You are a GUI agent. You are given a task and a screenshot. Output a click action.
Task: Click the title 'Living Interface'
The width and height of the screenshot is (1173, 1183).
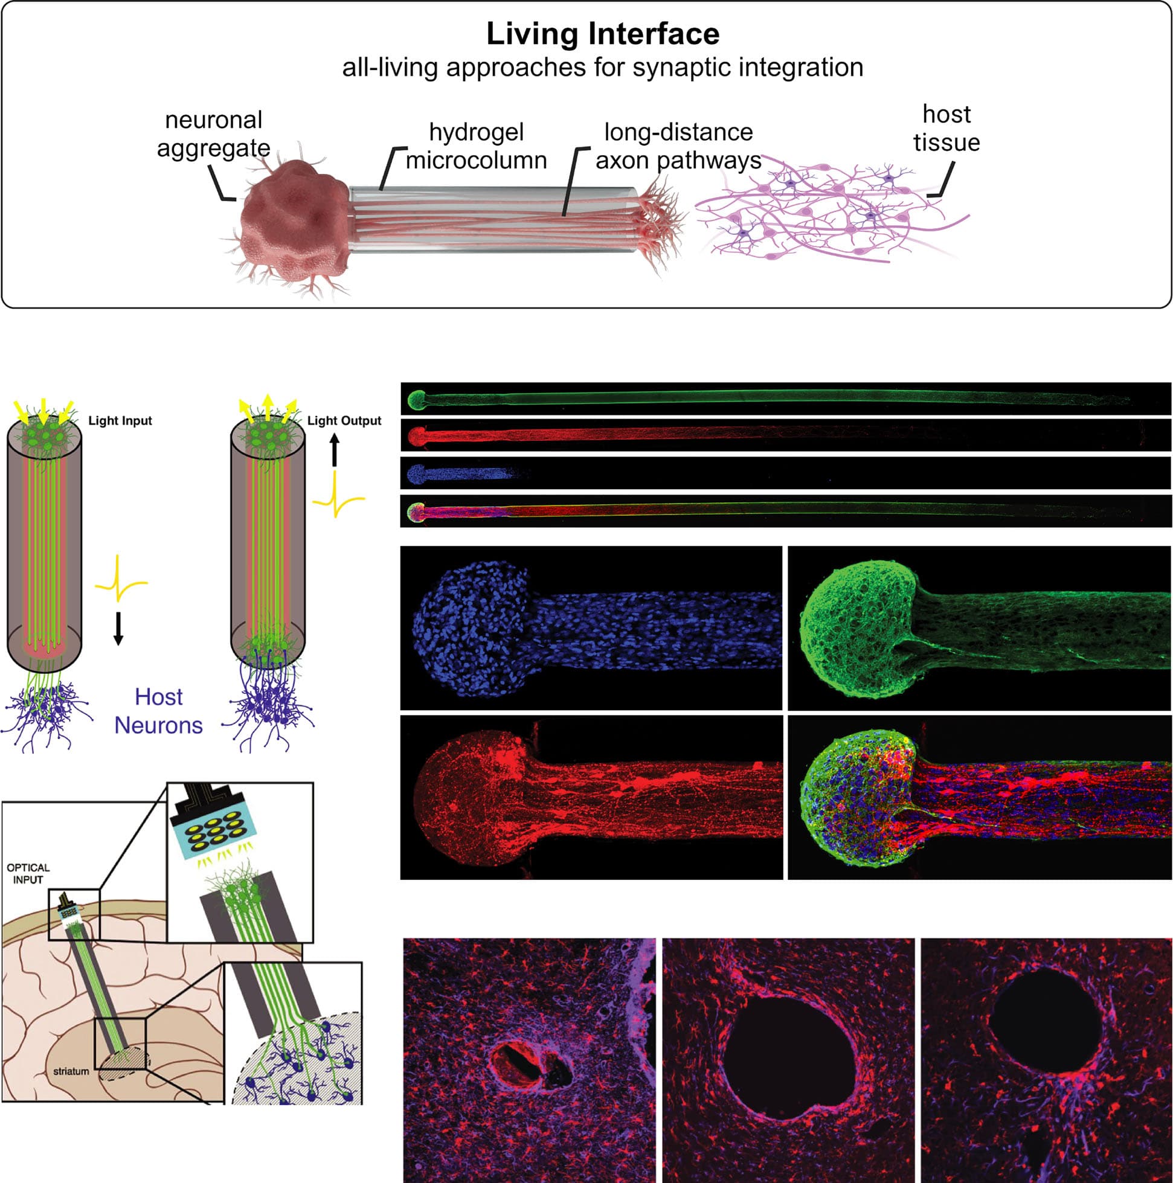[x=603, y=34]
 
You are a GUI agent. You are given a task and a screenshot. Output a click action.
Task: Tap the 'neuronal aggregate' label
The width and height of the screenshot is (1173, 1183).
[x=213, y=134]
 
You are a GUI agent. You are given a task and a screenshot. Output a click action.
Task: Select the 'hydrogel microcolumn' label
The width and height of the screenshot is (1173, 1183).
[x=476, y=146]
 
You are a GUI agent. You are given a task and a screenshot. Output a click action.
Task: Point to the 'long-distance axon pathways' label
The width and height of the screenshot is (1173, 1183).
[x=678, y=146]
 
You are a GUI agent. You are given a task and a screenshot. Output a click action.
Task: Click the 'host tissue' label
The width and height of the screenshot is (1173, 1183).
[x=946, y=128]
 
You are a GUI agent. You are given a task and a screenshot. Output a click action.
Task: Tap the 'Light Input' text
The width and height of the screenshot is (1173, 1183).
[x=120, y=421]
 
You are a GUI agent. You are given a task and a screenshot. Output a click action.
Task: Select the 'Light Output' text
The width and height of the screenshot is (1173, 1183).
[x=344, y=421]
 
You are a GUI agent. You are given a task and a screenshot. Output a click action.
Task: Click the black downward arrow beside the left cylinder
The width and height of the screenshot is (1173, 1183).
[x=119, y=628]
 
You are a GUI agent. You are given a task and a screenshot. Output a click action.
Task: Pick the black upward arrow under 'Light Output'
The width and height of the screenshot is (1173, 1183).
[x=335, y=450]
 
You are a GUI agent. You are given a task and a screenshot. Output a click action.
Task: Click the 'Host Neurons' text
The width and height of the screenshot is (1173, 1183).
[x=159, y=711]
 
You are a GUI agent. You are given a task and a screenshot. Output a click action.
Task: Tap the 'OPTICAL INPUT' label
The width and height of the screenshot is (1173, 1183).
[x=28, y=874]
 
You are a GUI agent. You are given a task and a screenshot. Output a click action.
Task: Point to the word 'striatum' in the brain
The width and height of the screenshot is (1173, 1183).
[x=71, y=1071]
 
